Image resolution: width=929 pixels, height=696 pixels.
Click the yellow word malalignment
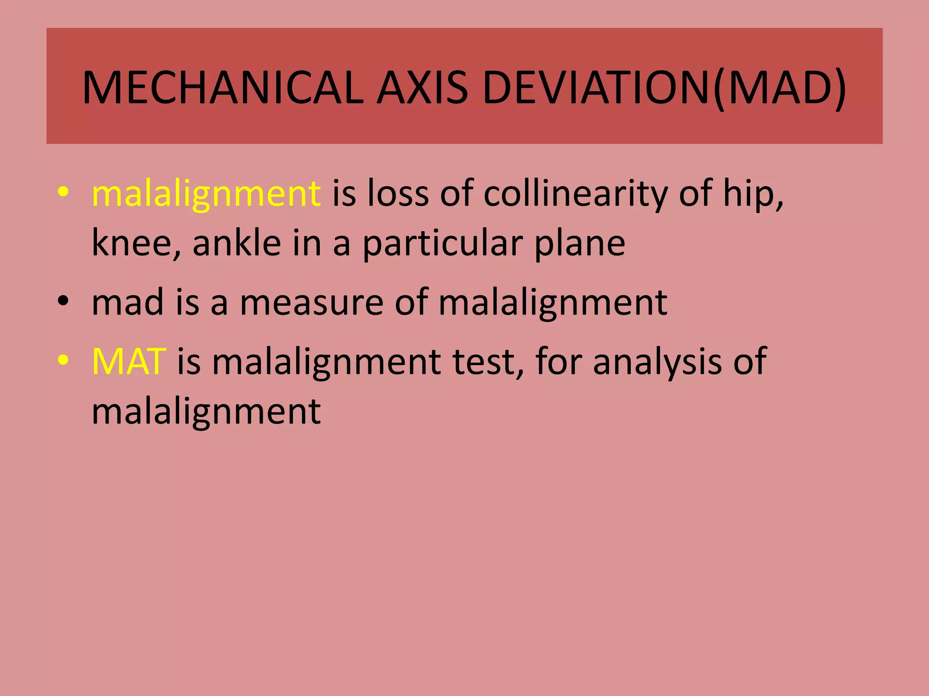(206, 194)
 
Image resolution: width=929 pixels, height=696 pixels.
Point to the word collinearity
(576, 194)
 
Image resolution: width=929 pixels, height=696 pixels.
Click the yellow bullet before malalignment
(63, 193)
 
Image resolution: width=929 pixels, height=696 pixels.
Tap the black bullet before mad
(63, 301)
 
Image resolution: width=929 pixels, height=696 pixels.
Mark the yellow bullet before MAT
(63, 360)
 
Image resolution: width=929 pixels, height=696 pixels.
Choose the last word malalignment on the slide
(206, 411)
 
